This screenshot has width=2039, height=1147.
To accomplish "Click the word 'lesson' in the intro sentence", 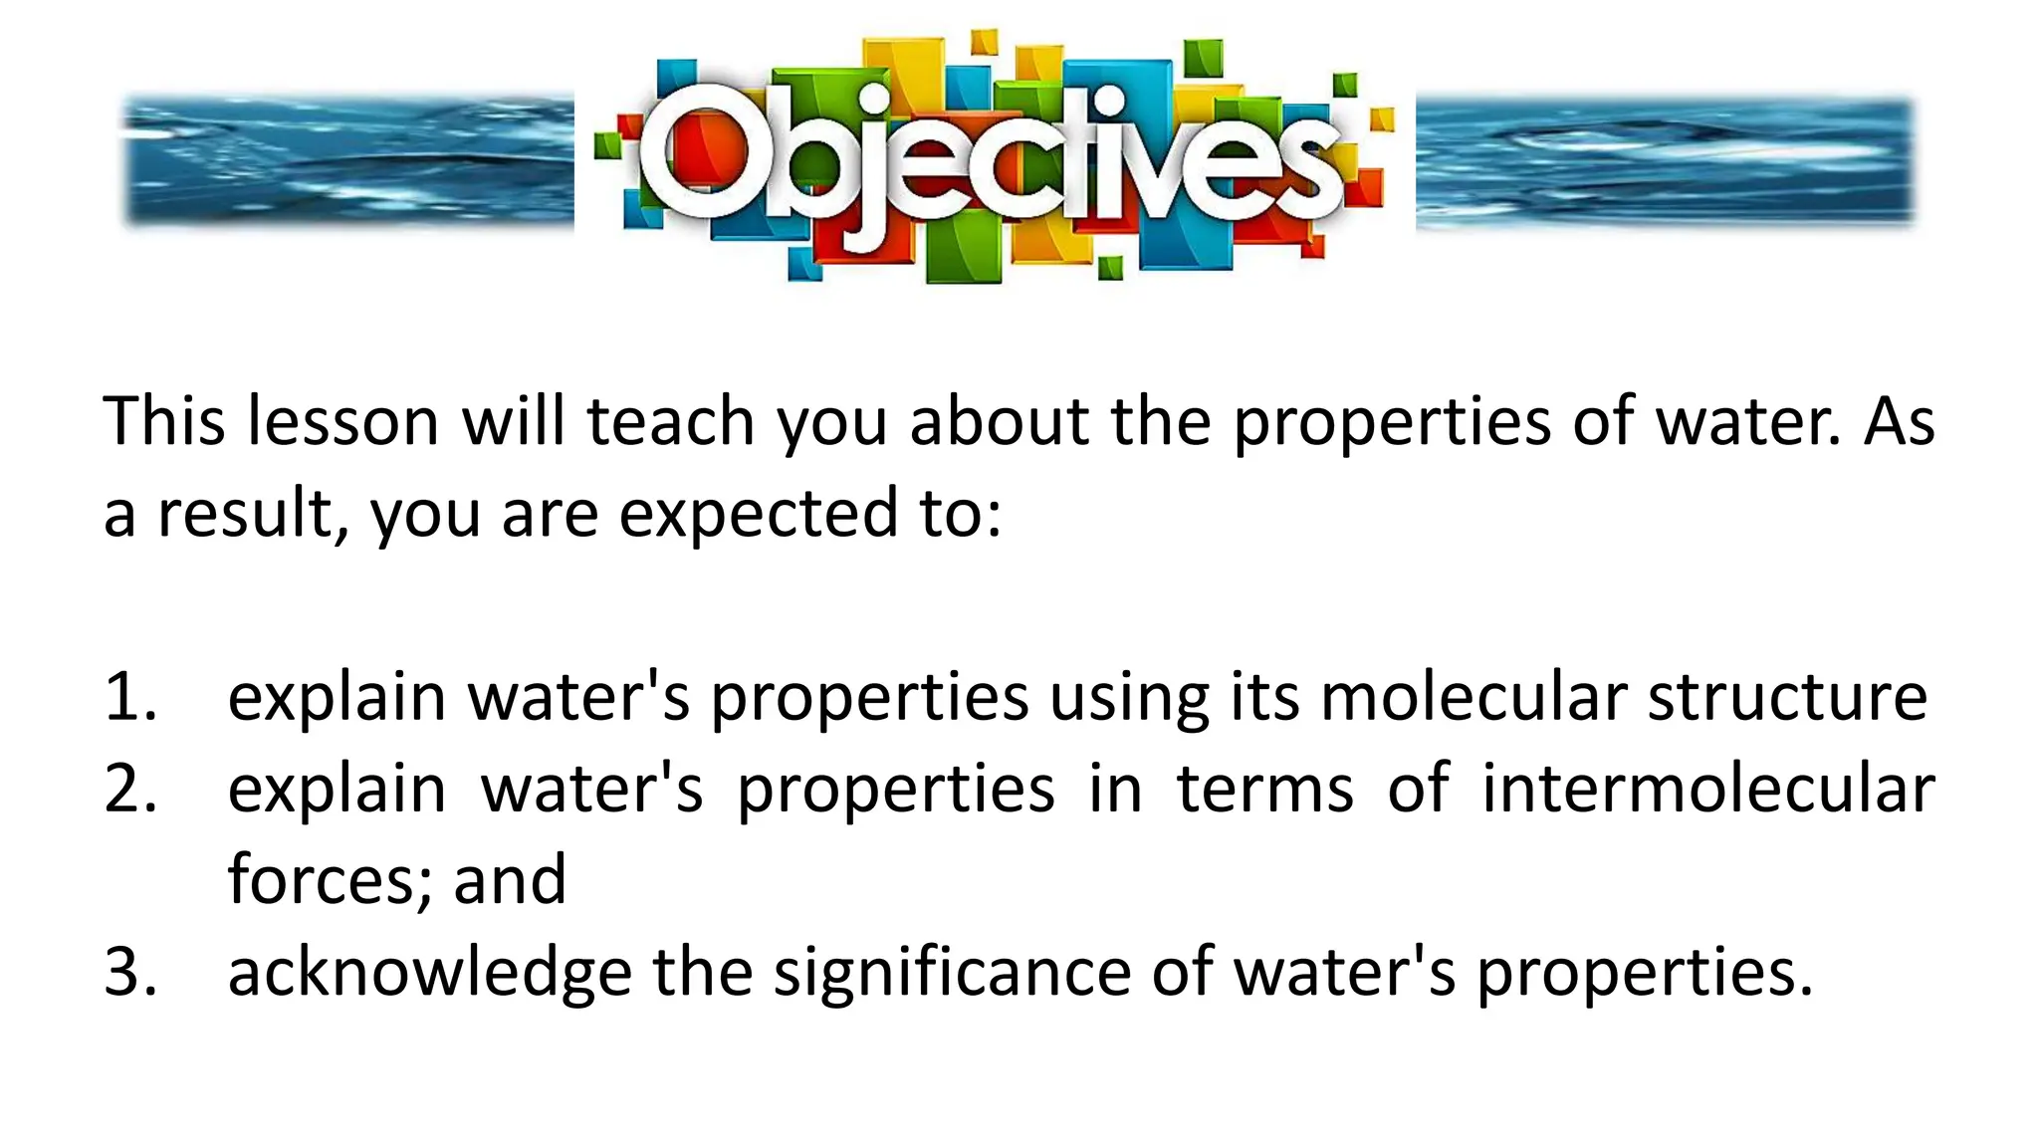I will [x=342, y=421].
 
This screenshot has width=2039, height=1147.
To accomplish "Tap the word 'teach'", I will [x=670, y=421].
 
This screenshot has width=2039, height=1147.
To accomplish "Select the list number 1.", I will [x=129, y=697].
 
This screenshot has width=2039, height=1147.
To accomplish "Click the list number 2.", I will [x=129, y=789].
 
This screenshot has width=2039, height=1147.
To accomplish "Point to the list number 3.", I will [x=129, y=972].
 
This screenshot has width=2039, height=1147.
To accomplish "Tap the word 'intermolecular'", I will [x=1707, y=789].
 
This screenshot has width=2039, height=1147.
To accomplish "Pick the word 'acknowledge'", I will [x=429, y=972].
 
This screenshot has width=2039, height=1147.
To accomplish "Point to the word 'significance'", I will [x=953, y=972].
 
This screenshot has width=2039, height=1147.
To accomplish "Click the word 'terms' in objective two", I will [x=1265, y=789].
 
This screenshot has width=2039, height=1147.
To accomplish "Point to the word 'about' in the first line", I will [x=999, y=421].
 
